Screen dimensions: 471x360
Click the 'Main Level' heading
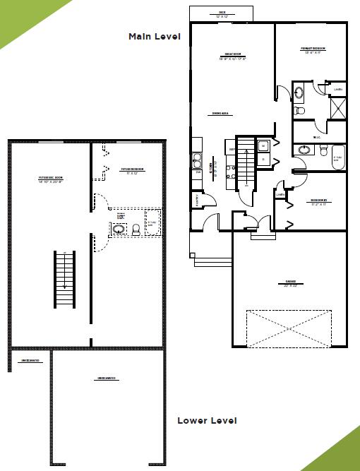tap(155, 36)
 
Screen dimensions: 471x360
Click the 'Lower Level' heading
tap(207, 420)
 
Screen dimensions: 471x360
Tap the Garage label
tap(290, 282)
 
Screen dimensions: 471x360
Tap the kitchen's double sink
tap(197, 161)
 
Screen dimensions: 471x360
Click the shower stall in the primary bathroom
tap(339, 108)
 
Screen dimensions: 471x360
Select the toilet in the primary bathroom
tap(299, 111)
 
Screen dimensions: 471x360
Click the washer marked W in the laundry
tap(263, 146)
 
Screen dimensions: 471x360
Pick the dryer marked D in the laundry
tap(263, 160)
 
